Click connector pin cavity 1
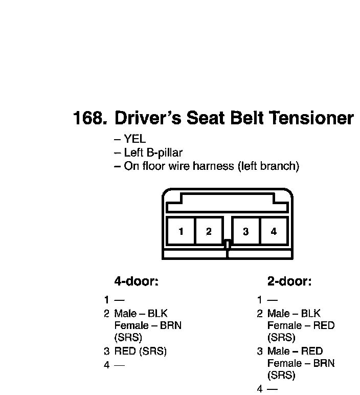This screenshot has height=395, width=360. click(181, 231)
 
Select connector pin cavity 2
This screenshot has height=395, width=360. click(209, 231)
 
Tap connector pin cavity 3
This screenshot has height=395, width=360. click(246, 231)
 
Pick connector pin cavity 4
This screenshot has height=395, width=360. click(274, 231)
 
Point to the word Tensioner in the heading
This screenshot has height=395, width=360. click(311, 118)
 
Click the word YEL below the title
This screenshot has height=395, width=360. click(135, 139)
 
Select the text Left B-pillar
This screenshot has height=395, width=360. click(153, 152)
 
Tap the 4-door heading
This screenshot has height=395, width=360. click(136, 281)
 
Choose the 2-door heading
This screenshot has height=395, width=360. click(289, 281)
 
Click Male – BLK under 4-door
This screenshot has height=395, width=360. click(141, 313)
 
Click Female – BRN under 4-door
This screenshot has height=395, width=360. click(147, 325)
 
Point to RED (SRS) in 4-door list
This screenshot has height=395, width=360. click(141, 351)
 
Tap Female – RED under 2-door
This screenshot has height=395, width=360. click(301, 325)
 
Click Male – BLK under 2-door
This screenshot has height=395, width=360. click(294, 313)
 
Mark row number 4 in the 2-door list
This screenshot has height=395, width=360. click(260, 389)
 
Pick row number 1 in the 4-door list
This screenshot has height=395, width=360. click(106, 300)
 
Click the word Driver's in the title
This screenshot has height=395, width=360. click(148, 118)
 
